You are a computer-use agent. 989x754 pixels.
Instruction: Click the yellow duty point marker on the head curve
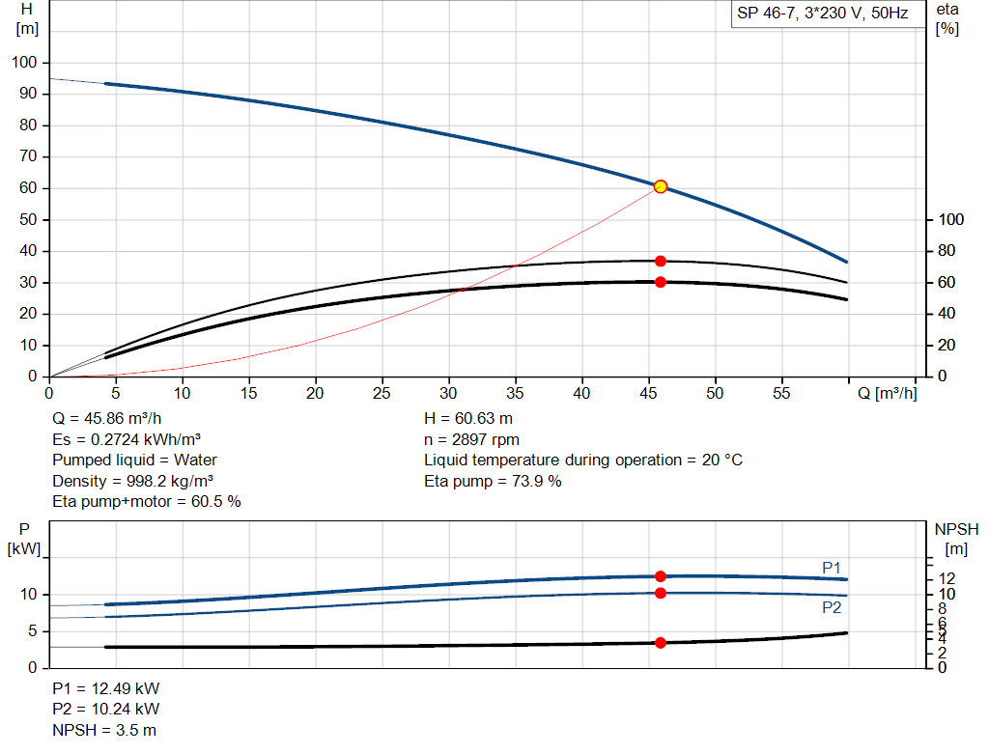tap(661, 186)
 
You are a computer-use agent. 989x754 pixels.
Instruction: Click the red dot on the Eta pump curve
tap(661, 261)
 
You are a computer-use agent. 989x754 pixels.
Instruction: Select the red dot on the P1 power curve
tap(661, 576)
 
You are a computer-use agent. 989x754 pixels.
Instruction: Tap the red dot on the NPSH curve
tap(661, 643)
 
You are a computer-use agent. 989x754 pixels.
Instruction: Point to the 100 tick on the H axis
tap(24, 63)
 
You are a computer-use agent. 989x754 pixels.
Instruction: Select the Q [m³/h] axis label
tap(887, 394)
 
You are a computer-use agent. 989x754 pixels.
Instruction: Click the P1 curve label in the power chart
tap(832, 567)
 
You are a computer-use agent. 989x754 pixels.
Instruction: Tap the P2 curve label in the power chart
tap(832, 607)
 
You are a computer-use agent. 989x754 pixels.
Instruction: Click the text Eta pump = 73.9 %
tap(493, 481)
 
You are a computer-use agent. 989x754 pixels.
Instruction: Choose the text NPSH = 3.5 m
tap(104, 730)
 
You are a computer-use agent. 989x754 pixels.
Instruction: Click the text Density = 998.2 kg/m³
tap(133, 481)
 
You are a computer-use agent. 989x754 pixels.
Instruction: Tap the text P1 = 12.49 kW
tap(106, 689)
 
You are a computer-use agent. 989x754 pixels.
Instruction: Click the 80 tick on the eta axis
tap(947, 251)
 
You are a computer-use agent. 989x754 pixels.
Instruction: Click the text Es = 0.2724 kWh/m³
tap(127, 439)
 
